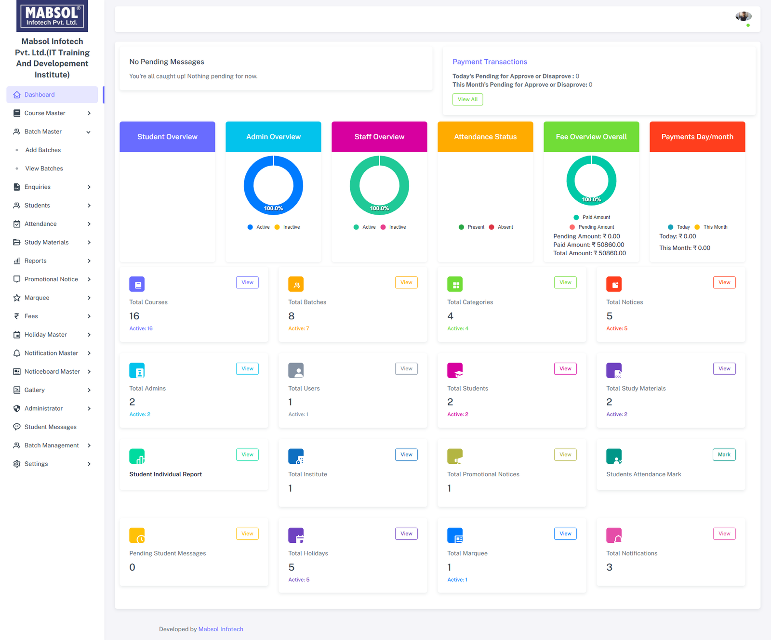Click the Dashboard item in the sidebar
click(40, 94)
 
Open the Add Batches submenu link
click(43, 150)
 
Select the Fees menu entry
click(31, 316)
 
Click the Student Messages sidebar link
click(50, 427)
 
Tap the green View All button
click(467, 99)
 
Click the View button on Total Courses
click(247, 282)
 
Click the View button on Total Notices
click(724, 282)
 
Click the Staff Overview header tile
click(379, 137)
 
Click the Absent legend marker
click(492, 227)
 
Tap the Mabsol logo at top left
click(52, 16)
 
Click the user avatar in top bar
click(743, 17)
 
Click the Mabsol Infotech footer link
click(221, 629)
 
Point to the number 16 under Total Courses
click(134, 316)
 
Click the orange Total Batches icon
click(296, 284)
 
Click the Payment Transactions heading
click(490, 62)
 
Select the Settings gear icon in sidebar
click(17, 464)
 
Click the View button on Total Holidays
click(406, 534)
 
